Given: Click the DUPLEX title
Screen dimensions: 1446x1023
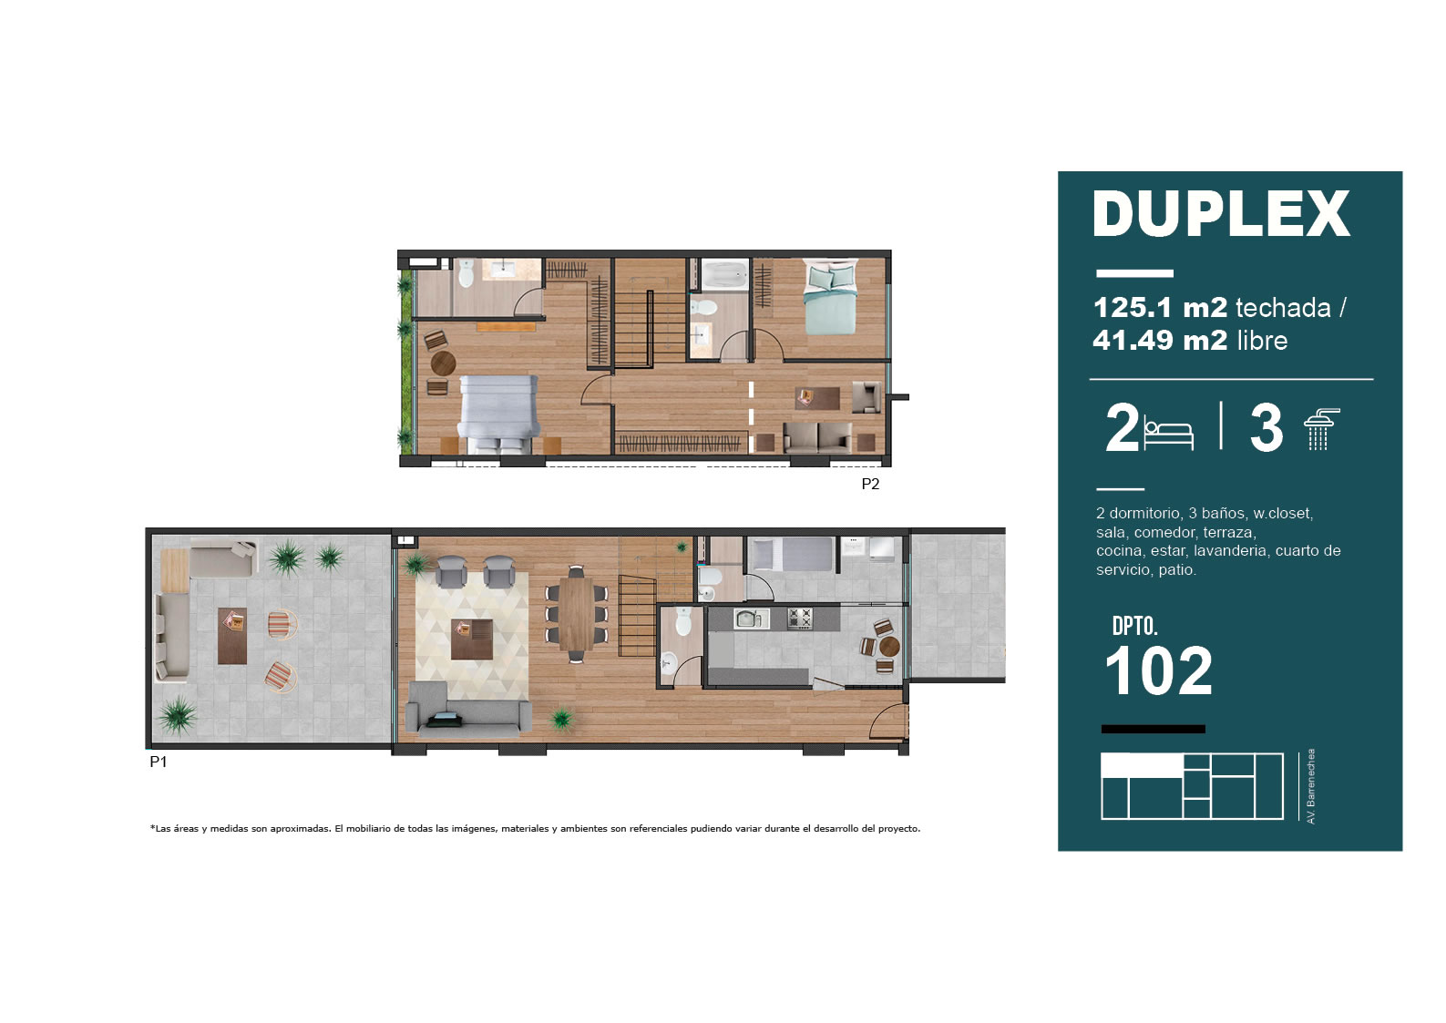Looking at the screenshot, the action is pyautogui.click(x=1221, y=214).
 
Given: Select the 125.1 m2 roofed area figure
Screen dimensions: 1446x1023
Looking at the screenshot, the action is pyautogui.click(x=1160, y=308).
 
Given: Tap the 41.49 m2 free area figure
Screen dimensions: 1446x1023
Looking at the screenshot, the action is pyautogui.click(x=1160, y=340).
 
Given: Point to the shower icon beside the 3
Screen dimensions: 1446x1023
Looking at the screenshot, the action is pyautogui.click(x=1322, y=428).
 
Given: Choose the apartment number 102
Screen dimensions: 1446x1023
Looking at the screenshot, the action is pyautogui.click(x=1158, y=671).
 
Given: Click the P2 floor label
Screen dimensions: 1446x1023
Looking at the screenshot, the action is pyautogui.click(x=870, y=484).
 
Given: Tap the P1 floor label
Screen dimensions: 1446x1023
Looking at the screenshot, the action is pyautogui.click(x=159, y=762).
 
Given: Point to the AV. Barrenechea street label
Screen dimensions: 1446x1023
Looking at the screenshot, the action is pyautogui.click(x=1311, y=786).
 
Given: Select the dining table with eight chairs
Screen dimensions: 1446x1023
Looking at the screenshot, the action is pyautogui.click(x=577, y=613).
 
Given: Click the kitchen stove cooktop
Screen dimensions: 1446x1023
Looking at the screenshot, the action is pyautogui.click(x=799, y=619).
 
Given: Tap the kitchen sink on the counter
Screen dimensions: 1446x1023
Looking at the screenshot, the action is pyautogui.click(x=752, y=619).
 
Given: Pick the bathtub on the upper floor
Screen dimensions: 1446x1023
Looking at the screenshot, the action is pyautogui.click(x=724, y=275).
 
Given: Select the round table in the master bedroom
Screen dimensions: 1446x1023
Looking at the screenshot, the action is pyautogui.click(x=444, y=363).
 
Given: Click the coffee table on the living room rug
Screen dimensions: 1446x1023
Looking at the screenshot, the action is pyautogui.click(x=472, y=639).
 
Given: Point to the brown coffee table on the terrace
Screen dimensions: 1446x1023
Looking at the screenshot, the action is pyautogui.click(x=232, y=636).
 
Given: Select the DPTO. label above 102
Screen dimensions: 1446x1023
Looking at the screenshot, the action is pyautogui.click(x=1135, y=626).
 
